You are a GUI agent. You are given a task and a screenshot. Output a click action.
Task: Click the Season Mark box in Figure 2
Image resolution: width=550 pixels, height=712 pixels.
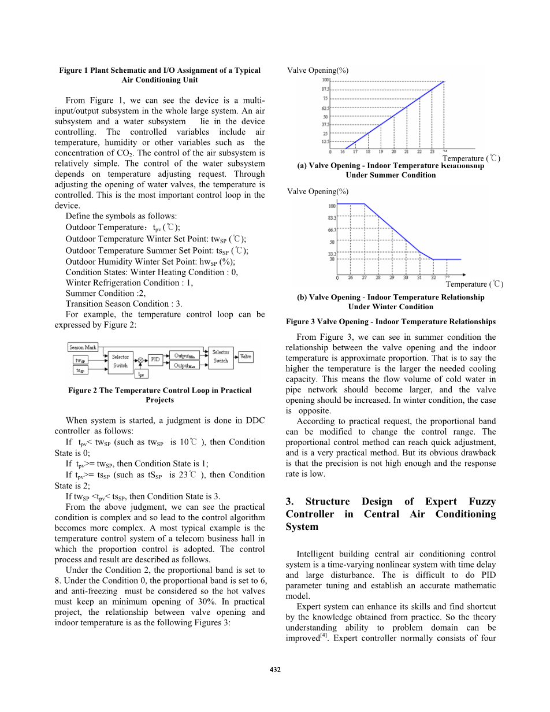point(83,347)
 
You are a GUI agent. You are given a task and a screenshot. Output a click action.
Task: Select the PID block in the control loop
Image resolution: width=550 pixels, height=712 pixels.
point(155,359)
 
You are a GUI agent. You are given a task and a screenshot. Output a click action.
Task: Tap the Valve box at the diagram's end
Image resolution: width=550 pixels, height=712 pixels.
point(246,357)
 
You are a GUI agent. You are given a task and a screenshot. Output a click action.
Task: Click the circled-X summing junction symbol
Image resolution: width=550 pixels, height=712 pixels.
point(140,360)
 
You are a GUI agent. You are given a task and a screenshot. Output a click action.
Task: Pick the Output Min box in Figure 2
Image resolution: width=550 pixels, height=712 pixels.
point(184,355)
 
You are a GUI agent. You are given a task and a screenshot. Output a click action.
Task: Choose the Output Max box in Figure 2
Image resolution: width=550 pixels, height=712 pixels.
point(184,365)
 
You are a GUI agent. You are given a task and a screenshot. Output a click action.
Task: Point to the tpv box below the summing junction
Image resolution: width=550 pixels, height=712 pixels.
point(141,374)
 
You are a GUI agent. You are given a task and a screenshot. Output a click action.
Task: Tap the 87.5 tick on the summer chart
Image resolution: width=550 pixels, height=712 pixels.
point(326,90)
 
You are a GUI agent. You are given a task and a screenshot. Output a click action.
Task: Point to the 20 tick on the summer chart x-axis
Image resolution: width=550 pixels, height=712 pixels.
point(393,152)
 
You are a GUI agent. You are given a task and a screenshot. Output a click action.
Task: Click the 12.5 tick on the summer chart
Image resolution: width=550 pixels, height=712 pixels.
point(326,142)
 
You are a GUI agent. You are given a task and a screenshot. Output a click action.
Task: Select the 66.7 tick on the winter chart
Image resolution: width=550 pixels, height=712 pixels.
point(332,229)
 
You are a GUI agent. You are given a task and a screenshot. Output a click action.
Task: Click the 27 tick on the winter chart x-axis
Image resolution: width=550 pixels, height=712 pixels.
point(364,278)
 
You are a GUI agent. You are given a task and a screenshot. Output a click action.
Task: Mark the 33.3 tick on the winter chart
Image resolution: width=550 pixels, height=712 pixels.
point(332,253)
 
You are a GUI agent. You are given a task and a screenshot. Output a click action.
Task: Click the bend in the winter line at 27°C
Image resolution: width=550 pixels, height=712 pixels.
point(365,203)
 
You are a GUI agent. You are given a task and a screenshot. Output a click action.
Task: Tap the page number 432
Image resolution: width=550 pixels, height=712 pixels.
point(275,670)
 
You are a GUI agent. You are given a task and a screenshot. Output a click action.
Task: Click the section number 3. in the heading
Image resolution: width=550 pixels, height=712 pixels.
point(290,502)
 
